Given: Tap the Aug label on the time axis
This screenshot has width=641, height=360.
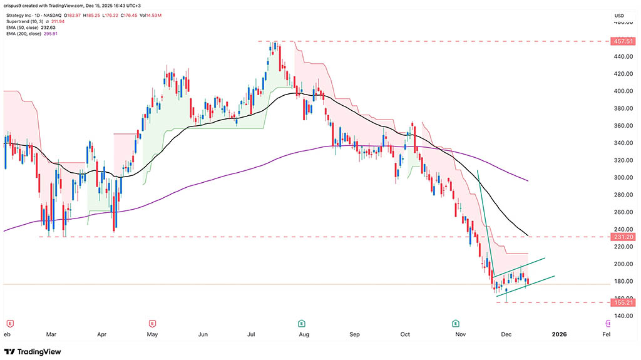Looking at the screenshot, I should pos(304,335).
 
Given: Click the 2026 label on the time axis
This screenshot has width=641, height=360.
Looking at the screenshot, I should pos(559,335).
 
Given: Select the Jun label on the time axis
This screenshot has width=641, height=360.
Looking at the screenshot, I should pos(203,335).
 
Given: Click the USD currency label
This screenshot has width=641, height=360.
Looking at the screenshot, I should pos(620,15).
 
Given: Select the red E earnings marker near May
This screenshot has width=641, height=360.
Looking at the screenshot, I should pos(152,323).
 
